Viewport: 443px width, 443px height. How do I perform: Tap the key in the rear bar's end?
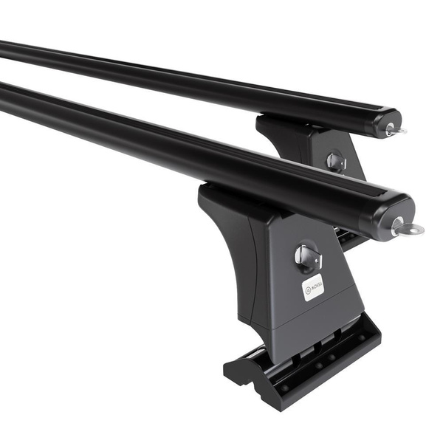394,130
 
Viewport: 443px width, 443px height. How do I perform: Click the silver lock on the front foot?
308,257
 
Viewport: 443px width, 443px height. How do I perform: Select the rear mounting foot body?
310,148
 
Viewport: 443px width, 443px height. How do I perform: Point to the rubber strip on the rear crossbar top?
221,74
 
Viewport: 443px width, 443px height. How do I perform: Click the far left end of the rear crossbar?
4,48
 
